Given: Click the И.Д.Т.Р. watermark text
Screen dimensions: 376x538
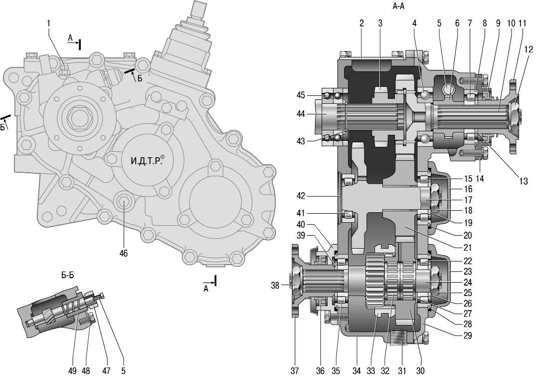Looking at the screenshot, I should click(x=148, y=161).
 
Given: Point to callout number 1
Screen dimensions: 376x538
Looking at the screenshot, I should click(x=49, y=23).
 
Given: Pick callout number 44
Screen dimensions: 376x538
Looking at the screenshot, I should click(x=301, y=114).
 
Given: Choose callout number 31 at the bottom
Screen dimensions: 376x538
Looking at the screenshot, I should click(x=401, y=371).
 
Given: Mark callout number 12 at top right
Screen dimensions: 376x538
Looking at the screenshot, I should click(x=529, y=49).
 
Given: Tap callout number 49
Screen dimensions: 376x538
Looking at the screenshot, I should click(x=73, y=371).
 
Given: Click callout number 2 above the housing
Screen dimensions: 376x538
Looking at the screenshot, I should click(x=361, y=23).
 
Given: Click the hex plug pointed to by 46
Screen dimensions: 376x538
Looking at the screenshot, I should click(x=123, y=203).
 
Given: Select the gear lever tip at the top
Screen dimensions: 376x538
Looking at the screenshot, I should click(x=198, y=8).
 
